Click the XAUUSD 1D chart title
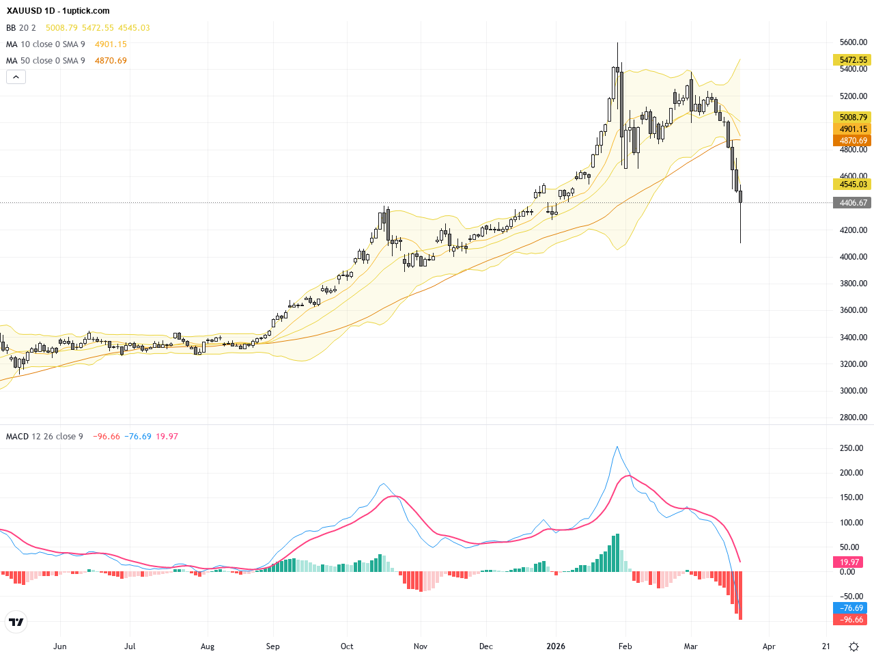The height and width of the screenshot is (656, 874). pos(58,11)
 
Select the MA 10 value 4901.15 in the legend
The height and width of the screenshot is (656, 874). pos(111,44)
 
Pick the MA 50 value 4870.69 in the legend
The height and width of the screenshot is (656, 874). pos(111,61)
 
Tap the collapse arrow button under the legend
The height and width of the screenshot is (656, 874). pos(16,77)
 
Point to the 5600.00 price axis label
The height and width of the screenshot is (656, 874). pos(853,42)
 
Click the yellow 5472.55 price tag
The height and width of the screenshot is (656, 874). pos(853,60)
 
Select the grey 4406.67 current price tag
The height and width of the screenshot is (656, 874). pos(853,203)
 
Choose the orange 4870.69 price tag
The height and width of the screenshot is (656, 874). pos(853,141)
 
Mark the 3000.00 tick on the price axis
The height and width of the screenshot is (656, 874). pos(853,391)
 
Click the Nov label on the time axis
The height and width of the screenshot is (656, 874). pos(421,646)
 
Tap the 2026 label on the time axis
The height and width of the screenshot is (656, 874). pos(556,646)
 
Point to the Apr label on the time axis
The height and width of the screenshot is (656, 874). pos(769,646)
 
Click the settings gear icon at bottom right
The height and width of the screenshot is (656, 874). pos(854,646)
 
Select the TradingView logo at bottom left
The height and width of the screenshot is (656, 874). pos(16,622)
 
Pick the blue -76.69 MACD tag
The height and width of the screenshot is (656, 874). pos(851,608)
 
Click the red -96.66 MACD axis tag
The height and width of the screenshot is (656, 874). pos(851,620)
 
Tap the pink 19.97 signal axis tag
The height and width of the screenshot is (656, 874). pos(849,562)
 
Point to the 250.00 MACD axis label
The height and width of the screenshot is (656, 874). pos(851,448)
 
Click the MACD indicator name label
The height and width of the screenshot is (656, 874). pos(17,437)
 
